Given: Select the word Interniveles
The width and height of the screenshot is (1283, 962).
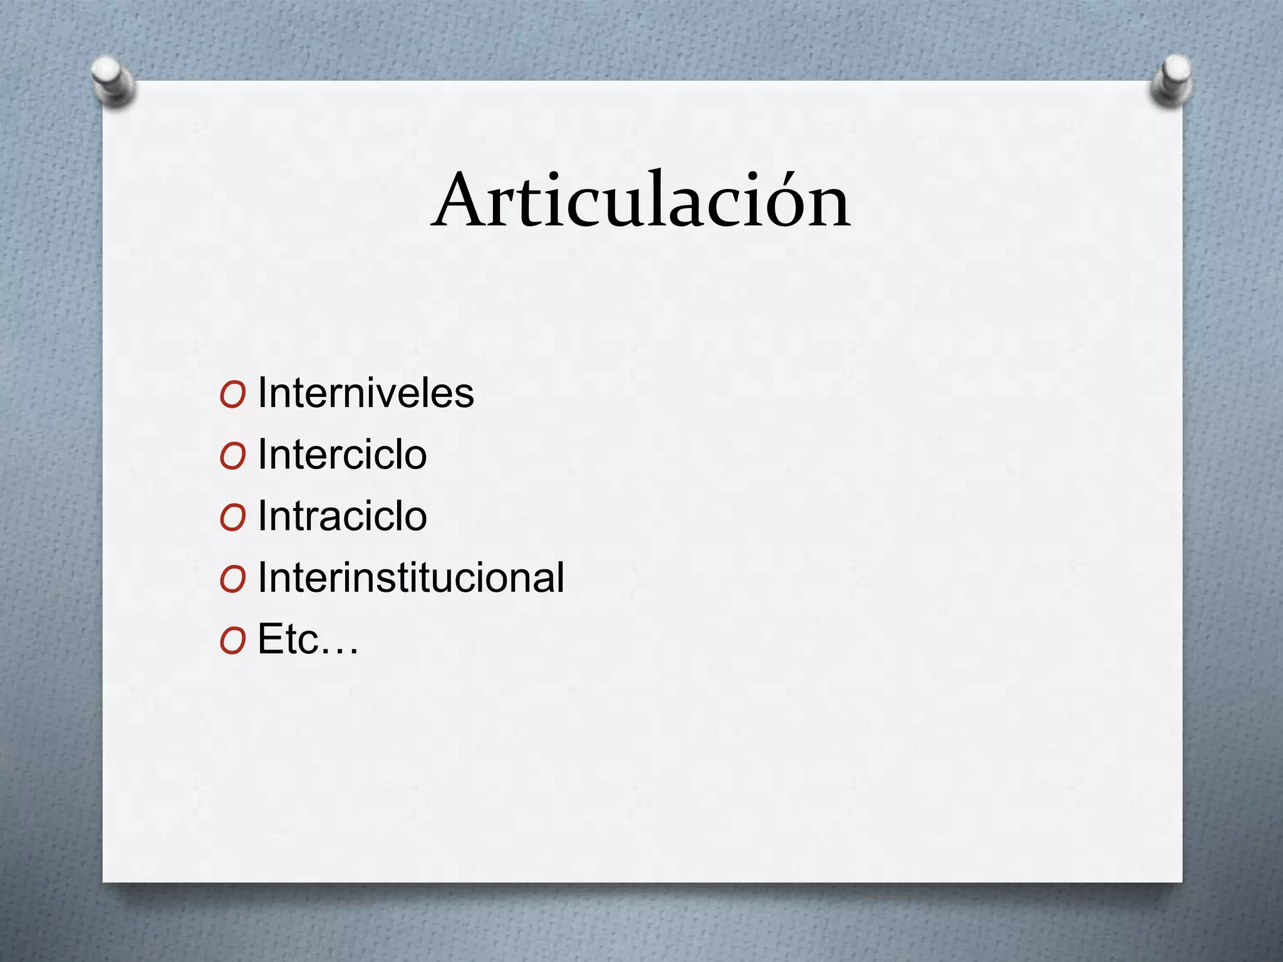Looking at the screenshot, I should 366,393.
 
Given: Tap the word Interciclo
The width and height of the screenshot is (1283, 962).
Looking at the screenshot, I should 342,455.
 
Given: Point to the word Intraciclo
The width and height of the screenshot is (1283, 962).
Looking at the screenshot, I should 342,516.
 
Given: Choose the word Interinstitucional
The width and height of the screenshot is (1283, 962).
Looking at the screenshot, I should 411,577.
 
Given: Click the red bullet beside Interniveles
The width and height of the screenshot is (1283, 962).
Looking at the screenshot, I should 232,395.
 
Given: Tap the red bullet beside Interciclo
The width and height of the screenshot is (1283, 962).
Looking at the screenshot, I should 232,457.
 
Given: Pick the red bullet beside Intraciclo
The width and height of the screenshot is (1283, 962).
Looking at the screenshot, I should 232,518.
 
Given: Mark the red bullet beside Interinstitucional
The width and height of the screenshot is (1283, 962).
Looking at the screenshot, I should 232,579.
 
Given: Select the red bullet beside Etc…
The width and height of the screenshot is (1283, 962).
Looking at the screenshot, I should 232,641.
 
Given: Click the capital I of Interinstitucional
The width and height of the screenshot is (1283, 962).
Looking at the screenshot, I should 262,577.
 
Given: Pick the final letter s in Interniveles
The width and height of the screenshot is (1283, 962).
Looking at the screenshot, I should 464,396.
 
